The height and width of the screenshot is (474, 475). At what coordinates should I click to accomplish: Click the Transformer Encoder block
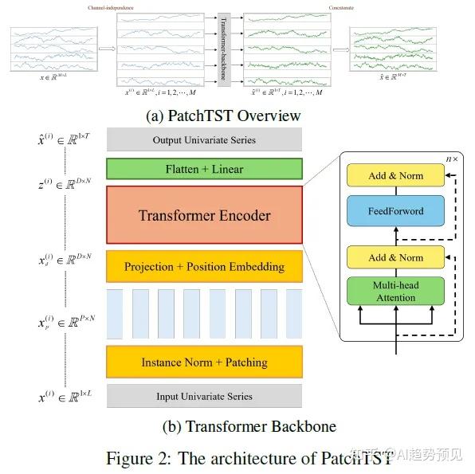204,215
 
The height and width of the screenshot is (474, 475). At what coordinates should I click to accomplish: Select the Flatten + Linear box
204,168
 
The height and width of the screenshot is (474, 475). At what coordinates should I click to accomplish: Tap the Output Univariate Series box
204,140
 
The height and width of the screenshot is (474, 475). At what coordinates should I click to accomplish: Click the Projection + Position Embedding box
204,266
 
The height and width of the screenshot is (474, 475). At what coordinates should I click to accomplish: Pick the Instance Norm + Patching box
204,362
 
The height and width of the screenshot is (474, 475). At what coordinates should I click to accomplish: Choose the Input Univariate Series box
204,396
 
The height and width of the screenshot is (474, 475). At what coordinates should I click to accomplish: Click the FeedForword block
396,212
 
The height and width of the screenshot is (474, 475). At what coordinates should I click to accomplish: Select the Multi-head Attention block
396,291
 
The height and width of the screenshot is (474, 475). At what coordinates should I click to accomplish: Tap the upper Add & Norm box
396,175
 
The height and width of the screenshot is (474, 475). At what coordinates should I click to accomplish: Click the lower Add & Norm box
396,257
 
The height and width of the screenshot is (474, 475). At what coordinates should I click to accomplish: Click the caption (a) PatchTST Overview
223,116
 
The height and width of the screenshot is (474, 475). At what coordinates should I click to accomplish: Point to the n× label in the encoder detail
452,159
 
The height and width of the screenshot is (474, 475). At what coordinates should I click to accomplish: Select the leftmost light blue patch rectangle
114,315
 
